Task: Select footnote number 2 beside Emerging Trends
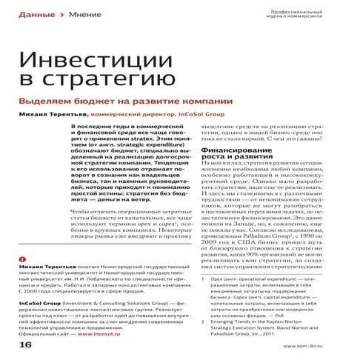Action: tap(204, 322)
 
